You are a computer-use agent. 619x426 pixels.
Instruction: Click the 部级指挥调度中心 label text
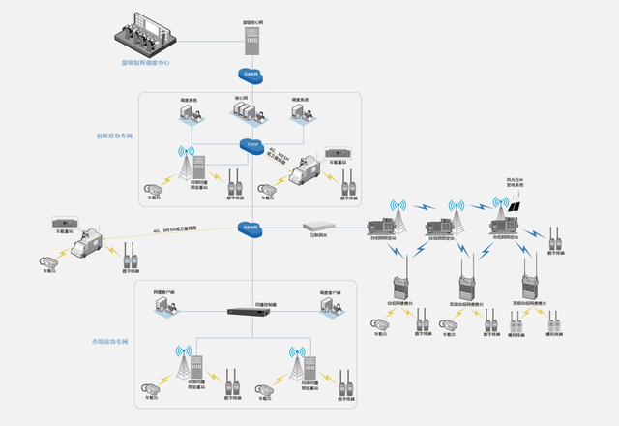[146, 64]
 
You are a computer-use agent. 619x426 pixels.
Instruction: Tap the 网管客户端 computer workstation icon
[162, 306]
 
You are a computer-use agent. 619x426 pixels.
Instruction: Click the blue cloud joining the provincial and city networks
[251, 228]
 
